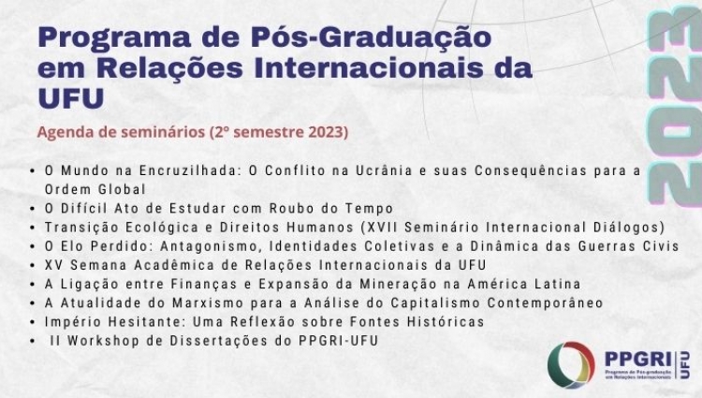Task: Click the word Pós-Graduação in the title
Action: coord(371,37)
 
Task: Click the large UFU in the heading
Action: coord(71,98)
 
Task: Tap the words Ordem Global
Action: coord(95,189)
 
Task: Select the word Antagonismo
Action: coord(211,246)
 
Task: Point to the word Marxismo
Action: coord(208,303)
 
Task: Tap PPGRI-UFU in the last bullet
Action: coord(339,341)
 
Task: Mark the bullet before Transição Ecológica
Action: coord(32,228)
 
